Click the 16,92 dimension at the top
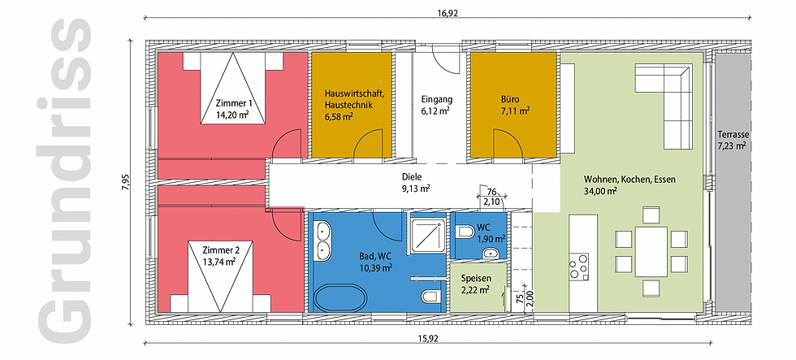pos(448,14)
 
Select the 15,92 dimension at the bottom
pos(429,339)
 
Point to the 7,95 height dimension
pos(126,182)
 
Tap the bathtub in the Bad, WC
pos(340,297)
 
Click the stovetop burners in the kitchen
pos(578,266)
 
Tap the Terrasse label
pos(733,135)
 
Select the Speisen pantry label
pos(475,279)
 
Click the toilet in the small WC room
pos(465,233)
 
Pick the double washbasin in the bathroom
pos(322,241)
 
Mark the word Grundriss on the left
pos(64,181)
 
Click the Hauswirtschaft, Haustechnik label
pos(350,99)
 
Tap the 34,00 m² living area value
pos(600,191)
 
